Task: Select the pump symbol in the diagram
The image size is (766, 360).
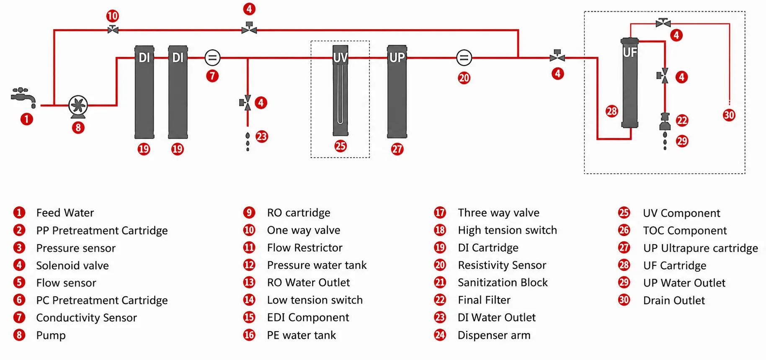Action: pyautogui.click(x=78, y=106)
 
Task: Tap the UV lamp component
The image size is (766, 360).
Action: pyautogui.click(x=340, y=90)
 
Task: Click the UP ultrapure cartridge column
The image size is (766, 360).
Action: pyautogui.click(x=397, y=92)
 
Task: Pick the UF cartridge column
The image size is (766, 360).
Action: pyautogui.click(x=629, y=82)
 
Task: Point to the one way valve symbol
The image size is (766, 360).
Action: pyautogui.click(x=113, y=30)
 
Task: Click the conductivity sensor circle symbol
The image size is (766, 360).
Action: pyautogui.click(x=212, y=58)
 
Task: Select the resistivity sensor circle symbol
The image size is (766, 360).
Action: pyautogui.click(x=464, y=58)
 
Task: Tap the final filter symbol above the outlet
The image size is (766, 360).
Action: pyautogui.click(x=665, y=121)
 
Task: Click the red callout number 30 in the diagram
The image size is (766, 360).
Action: pyautogui.click(x=729, y=115)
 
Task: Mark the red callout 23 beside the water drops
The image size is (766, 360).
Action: pyautogui.click(x=262, y=136)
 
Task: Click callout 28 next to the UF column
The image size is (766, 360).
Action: pyautogui.click(x=612, y=111)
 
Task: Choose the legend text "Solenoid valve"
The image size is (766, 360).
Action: pyautogui.click(x=72, y=265)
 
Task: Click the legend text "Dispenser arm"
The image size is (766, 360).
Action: pyautogui.click(x=494, y=335)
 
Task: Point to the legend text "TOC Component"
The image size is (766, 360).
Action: pyautogui.click(x=685, y=231)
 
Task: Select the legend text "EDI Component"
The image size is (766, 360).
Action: pyautogui.click(x=308, y=318)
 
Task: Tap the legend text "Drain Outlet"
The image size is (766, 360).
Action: pyautogui.click(x=674, y=301)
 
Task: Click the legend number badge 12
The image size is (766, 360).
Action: pyautogui.click(x=249, y=265)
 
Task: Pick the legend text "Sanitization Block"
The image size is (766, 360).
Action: pyautogui.click(x=503, y=283)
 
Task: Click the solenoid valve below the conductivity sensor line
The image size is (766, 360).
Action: pyautogui.click(x=246, y=103)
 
